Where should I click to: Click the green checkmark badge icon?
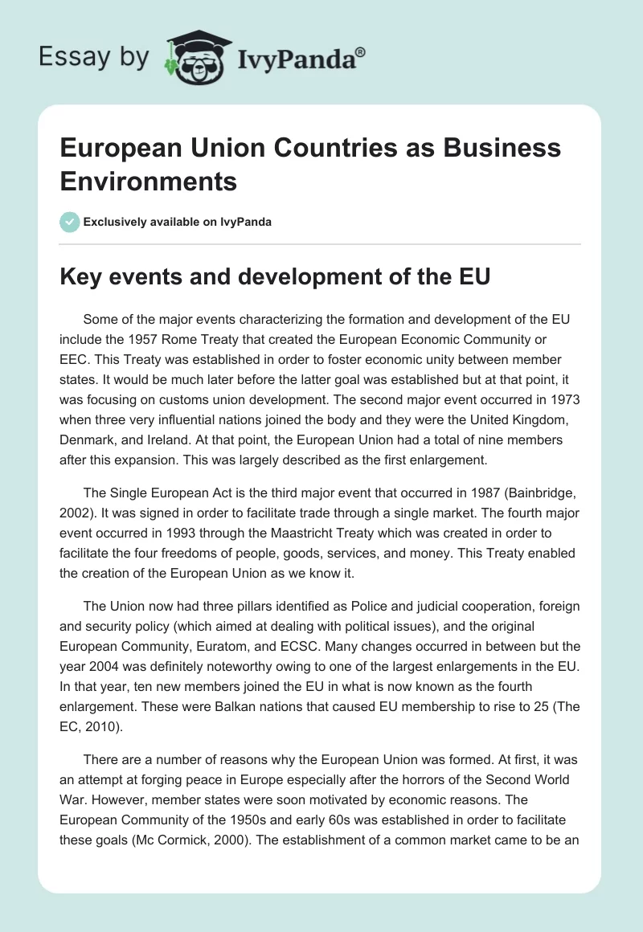(70, 222)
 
